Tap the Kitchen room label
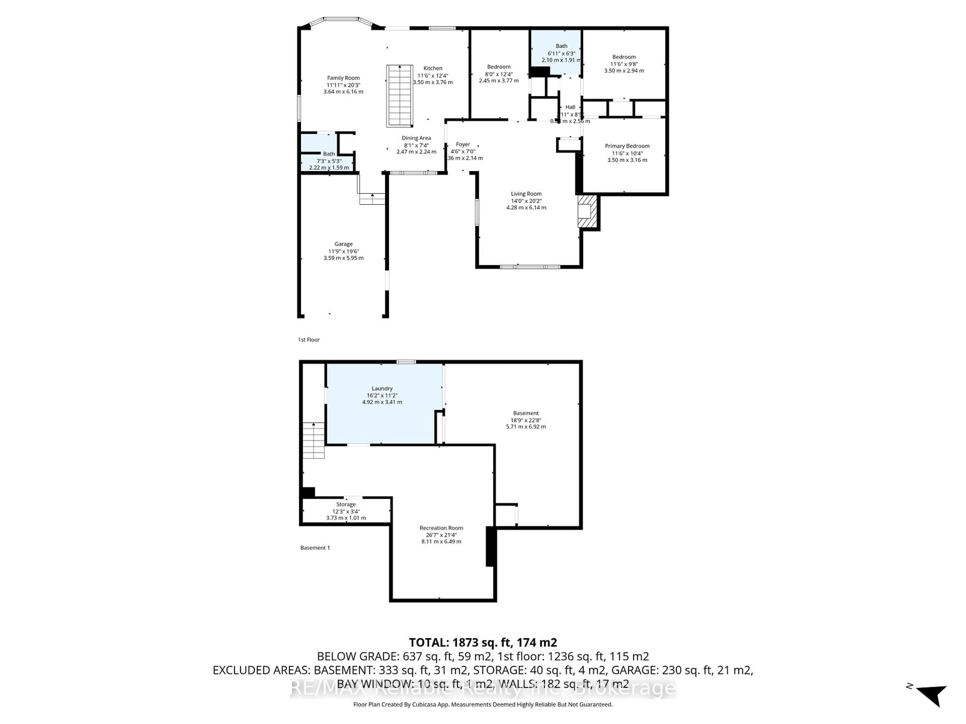click(432, 68)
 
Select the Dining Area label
click(416, 138)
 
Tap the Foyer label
click(463, 144)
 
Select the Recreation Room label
click(441, 528)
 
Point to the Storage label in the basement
click(346, 504)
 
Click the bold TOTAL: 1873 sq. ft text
click(482, 642)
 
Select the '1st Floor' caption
click(309, 340)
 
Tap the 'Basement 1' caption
click(315, 548)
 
